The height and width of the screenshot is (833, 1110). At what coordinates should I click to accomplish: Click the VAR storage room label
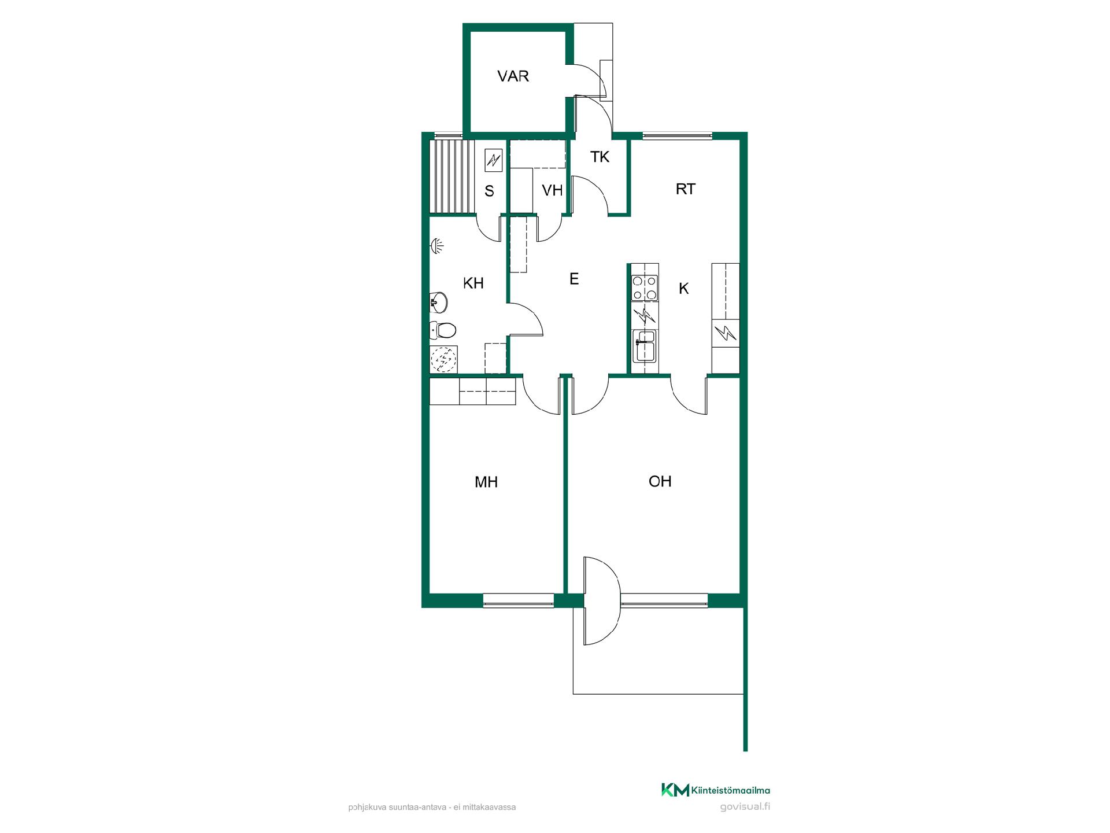[x=513, y=76]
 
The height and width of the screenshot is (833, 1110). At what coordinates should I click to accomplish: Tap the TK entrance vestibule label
[x=600, y=157]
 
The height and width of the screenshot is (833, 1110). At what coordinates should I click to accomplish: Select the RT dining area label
[x=685, y=189]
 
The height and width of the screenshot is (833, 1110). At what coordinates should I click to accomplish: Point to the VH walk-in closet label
[x=552, y=190]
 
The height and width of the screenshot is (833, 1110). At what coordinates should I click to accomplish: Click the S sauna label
[x=489, y=191]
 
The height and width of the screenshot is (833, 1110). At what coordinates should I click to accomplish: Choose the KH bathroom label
[x=473, y=283]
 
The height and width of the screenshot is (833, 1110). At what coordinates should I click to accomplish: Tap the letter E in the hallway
[x=573, y=279]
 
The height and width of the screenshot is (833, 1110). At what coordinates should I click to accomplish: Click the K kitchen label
[x=683, y=289]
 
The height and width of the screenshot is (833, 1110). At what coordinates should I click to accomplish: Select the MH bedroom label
[x=486, y=482]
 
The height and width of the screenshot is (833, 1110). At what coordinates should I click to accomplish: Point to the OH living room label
[x=660, y=481]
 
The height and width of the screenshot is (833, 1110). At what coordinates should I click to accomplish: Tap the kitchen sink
[x=645, y=345]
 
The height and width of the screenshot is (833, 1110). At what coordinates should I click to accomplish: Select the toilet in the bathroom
[x=443, y=330]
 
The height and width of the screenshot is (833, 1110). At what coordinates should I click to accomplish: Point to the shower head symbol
[x=438, y=246]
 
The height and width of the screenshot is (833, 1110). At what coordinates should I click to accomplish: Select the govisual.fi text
[x=746, y=807]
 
